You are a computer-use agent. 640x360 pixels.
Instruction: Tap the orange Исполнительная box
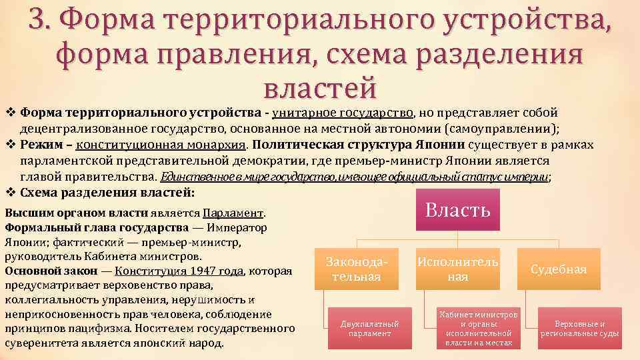(457, 269)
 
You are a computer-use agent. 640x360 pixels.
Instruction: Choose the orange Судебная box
(559, 269)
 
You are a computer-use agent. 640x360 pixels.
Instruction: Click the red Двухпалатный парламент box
(369, 328)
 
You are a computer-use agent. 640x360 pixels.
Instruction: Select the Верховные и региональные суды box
(579, 328)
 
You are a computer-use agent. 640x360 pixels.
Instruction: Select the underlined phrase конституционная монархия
(161, 145)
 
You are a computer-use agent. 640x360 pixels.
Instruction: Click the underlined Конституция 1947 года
(180, 271)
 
